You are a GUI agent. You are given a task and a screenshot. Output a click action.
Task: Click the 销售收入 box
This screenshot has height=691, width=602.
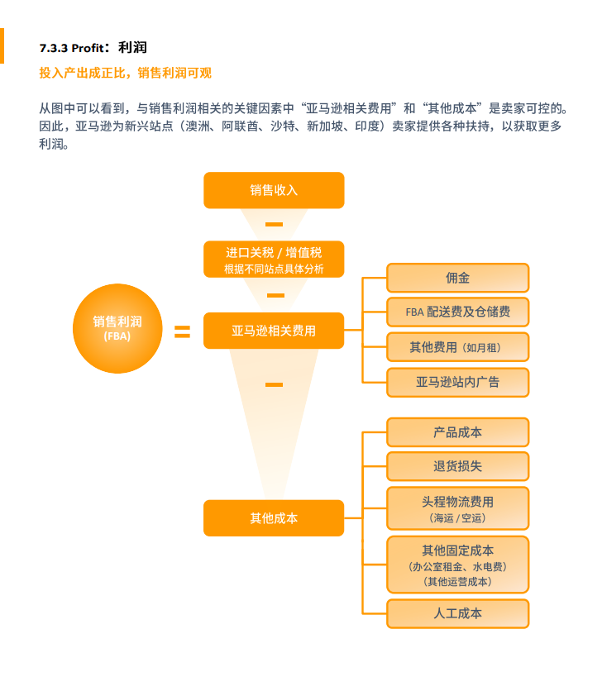coord(274,190)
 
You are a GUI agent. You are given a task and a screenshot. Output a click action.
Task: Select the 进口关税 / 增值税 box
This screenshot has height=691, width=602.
coord(274,260)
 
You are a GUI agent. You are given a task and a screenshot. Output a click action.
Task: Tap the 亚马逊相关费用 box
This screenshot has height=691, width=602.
coord(274,331)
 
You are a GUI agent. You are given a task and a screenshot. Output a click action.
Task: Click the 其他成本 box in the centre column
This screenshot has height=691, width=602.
coord(274,517)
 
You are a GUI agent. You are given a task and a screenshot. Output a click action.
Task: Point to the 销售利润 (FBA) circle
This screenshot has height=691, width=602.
coord(117,328)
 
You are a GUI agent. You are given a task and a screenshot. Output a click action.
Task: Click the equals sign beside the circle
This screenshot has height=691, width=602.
coord(182,331)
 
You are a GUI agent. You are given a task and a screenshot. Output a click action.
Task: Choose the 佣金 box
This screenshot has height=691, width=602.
coord(458,278)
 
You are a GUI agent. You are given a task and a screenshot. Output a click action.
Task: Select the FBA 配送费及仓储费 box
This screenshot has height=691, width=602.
coord(458,312)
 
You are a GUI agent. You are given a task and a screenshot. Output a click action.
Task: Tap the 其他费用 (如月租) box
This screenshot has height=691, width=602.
coord(458,347)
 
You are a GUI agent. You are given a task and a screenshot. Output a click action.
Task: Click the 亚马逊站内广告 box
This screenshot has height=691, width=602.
coord(458,382)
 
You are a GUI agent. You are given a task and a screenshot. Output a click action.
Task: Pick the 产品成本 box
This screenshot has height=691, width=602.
coord(458,432)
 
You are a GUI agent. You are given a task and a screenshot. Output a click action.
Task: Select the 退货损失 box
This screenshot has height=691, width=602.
coord(458,466)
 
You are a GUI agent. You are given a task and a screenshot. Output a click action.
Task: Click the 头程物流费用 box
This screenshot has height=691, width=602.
coord(458,508)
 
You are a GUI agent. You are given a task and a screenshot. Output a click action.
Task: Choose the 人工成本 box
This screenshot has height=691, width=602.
coord(458,613)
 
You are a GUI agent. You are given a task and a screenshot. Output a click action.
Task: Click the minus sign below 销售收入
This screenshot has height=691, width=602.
coord(274,224)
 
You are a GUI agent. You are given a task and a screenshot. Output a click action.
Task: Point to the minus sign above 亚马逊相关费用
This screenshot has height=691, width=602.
coord(275,295)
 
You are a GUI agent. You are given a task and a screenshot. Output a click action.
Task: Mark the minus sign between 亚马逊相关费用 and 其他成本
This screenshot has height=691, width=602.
coord(274,384)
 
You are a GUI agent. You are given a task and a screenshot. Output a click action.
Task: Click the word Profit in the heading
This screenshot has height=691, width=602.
coord(88,48)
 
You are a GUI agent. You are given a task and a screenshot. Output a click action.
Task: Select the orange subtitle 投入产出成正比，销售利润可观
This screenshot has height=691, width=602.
coord(125,73)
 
